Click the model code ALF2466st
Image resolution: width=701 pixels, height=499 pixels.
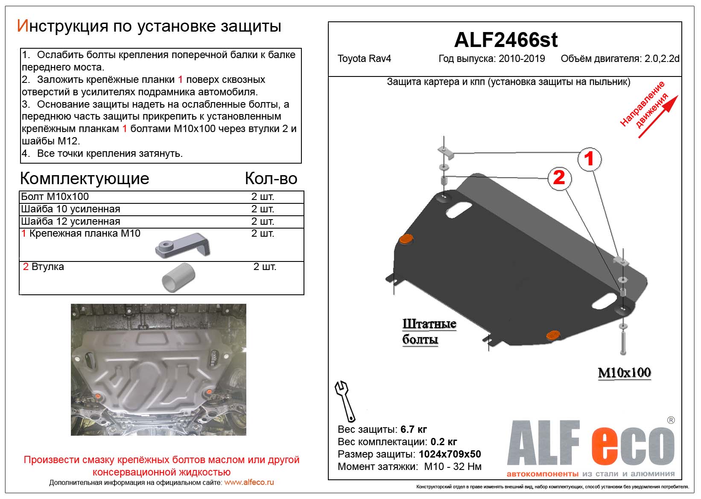505,40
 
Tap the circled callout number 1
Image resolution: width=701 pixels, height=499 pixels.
589,159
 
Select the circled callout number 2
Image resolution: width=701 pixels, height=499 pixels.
559,177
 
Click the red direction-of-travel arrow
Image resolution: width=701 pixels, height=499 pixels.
657,117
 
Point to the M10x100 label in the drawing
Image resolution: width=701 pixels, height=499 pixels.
624,373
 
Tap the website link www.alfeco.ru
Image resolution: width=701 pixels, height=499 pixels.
249,482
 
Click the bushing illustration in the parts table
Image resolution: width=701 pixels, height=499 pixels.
178,278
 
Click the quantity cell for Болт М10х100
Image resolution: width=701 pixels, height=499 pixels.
263,197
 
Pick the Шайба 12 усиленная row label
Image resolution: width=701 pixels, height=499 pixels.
70,221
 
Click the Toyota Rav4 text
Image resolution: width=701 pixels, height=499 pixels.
364,59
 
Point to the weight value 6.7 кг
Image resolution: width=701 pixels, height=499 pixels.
414,429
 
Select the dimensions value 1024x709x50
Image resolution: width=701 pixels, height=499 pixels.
450,454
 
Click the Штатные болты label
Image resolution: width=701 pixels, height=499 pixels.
429,332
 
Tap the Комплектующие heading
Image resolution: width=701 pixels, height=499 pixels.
85,178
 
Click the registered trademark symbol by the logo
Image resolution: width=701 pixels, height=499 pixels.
671,420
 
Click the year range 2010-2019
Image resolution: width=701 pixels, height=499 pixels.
522,59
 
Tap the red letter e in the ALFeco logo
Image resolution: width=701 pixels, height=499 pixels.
606,445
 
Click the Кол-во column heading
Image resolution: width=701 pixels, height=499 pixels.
271,178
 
